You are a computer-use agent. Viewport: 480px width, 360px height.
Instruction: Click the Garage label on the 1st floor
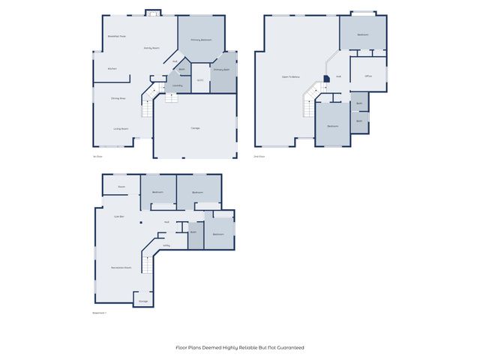coord(195,128)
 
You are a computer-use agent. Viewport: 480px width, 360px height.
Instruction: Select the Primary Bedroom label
coord(200,40)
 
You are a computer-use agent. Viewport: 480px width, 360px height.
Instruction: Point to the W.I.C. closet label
coord(200,80)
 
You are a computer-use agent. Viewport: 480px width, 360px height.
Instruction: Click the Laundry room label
coord(178,85)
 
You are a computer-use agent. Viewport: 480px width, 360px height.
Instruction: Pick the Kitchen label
coord(112,69)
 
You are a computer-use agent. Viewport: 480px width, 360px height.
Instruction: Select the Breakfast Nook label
coord(116,36)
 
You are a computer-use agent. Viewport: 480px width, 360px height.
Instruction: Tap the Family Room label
coord(152,48)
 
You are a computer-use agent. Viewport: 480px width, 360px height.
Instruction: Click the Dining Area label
coord(118,98)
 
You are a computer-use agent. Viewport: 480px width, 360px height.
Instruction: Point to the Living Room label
coord(121,128)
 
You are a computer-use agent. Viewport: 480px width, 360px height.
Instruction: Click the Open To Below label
coord(291,76)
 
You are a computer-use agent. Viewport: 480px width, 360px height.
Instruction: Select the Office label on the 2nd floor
coord(369,76)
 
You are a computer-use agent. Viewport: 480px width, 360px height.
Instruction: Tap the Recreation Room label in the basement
coord(121,267)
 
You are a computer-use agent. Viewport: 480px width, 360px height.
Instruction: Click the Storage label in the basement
coord(142,301)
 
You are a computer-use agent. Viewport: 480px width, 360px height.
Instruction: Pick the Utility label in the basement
coord(166,245)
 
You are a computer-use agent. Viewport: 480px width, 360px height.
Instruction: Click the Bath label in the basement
coord(193,232)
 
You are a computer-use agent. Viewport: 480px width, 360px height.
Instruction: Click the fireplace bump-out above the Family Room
coord(153,12)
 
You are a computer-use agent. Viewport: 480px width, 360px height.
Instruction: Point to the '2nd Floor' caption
coord(259,156)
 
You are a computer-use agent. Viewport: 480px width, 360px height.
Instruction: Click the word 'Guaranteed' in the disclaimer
coord(291,347)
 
